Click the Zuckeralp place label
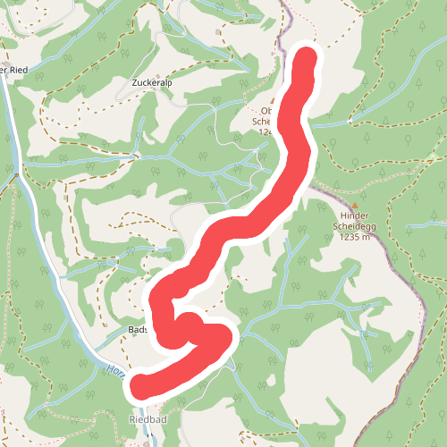coord(150,82)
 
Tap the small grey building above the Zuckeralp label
coord(158,75)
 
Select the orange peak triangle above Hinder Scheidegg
coord(354,206)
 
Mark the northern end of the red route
coord(306,58)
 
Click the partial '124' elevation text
coord(265,131)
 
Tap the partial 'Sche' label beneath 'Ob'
coord(262,122)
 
